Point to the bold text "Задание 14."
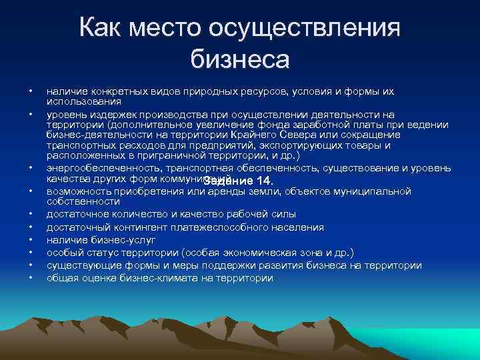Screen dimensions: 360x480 pyautogui.click(x=239, y=182)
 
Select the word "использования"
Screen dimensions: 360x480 pyautogui.click(x=83, y=101)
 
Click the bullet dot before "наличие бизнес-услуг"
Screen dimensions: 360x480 pyautogui.click(x=30, y=239)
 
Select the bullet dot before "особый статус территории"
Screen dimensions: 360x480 pyautogui.click(x=30, y=252)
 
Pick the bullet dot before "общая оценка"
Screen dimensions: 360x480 pyautogui.click(x=30, y=277)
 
